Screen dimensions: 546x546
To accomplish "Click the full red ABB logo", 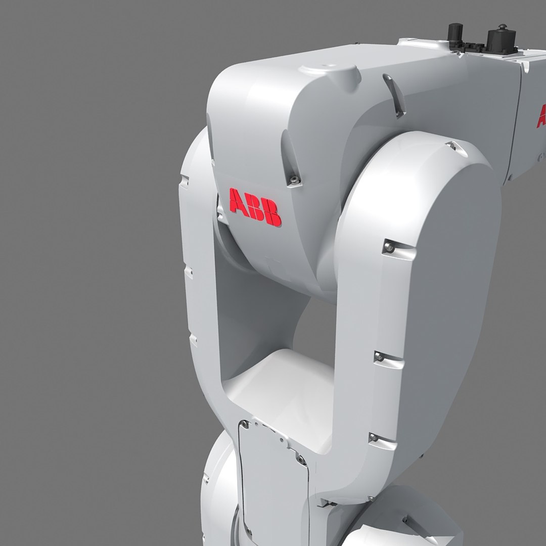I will click(x=255, y=207).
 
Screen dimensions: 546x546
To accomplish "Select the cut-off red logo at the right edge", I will click(x=541, y=116).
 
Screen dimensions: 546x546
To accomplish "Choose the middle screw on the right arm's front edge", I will click(x=379, y=358).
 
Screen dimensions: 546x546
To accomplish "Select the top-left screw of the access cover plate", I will click(x=245, y=425).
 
